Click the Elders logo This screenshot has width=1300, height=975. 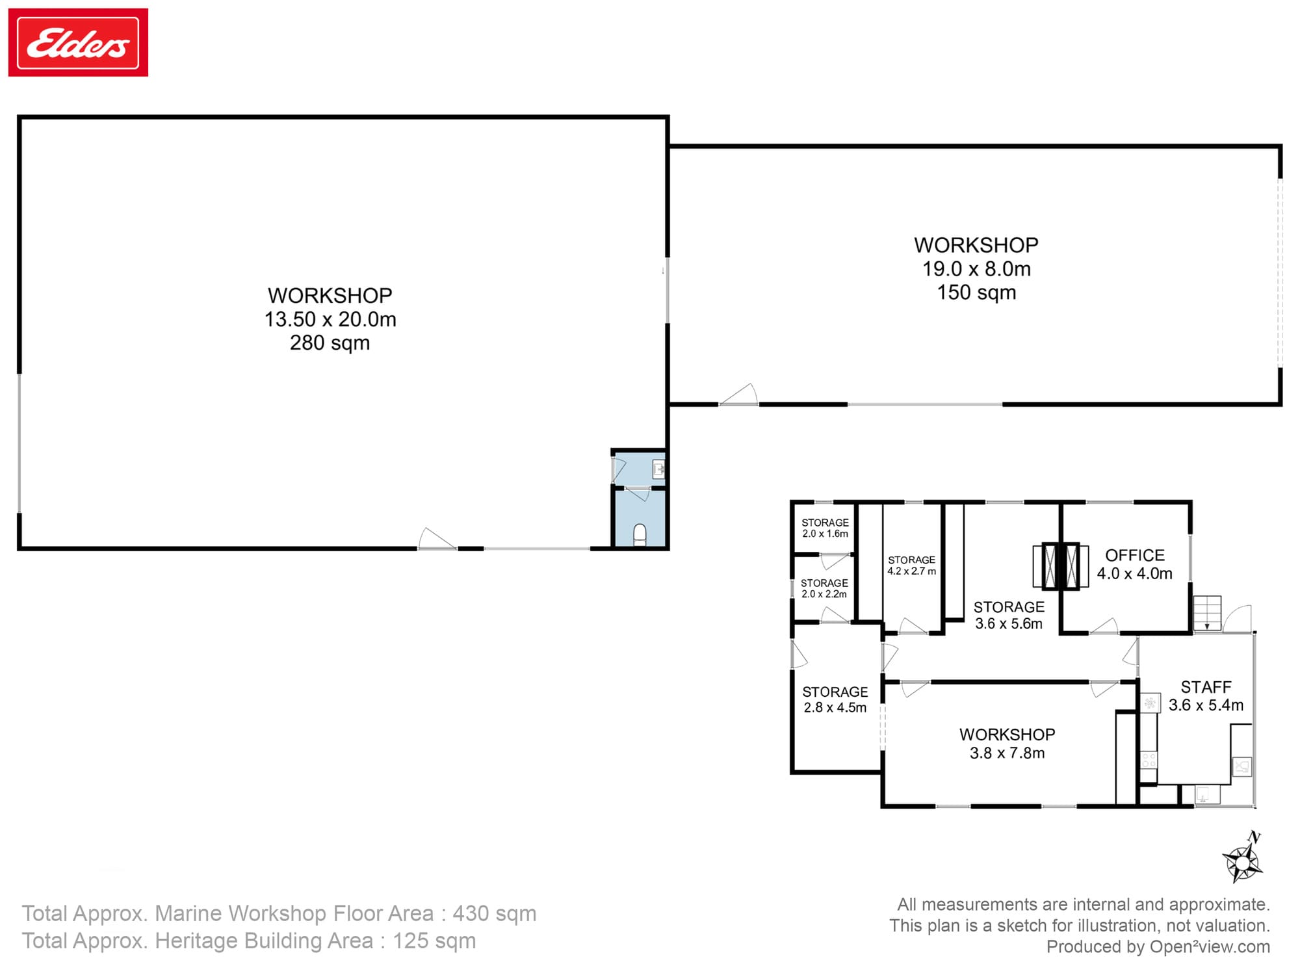pos(78,43)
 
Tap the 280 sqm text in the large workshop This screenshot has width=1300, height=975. pos(330,343)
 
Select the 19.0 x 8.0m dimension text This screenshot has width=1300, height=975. pos(976,269)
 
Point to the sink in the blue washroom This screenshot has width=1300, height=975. pos(658,469)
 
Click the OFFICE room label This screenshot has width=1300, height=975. pos(1135,556)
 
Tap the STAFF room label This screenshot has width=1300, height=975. pos(1206,687)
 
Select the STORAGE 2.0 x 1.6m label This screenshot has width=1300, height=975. pos(825,528)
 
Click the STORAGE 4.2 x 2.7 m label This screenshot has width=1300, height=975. pos(911,565)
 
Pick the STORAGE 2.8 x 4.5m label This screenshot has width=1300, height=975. pos(835,700)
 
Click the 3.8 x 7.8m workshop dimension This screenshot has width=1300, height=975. pos(1007,753)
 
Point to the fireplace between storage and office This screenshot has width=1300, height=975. pos(1060,566)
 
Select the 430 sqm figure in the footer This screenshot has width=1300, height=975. pos(494,914)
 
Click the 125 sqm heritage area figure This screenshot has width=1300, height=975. pos(434,941)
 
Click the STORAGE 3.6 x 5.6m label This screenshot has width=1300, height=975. pos(1009,615)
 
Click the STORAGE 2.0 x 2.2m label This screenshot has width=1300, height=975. pos(824,588)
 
